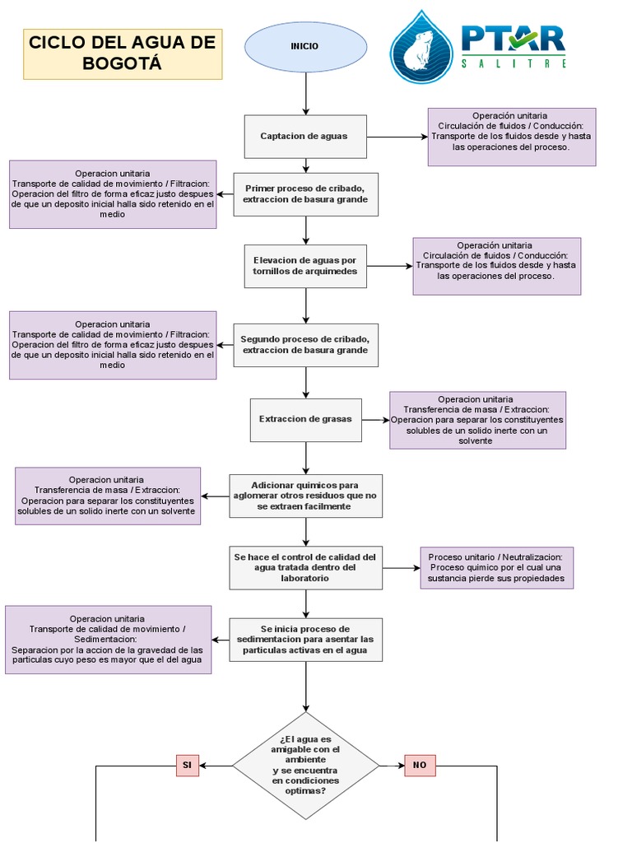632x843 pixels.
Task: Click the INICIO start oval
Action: click(x=305, y=47)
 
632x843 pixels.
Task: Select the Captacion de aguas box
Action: click(x=305, y=136)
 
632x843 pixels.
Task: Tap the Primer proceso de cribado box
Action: click(x=305, y=194)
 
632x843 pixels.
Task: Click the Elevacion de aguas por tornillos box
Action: click(x=305, y=266)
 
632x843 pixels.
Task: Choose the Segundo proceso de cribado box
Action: click(x=305, y=345)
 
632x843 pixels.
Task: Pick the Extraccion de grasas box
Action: click(x=305, y=419)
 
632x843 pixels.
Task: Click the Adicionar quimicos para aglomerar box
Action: click(x=305, y=496)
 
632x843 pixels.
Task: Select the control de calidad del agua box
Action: click(x=305, y=567)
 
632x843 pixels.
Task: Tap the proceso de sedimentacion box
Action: click(x=305, y=640)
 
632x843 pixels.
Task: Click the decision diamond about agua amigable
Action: click(x=305, y=766)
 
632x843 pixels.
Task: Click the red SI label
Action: click(x=187, y=766)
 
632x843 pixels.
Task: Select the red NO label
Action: click(x=420, y=766)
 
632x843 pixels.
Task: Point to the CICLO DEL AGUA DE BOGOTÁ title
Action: click(x=122, y=54)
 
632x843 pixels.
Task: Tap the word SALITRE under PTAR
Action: click(x=513, y=63)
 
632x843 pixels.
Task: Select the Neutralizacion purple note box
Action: click(x=496, y=568)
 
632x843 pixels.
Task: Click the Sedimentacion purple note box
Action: click(x=108, y=640)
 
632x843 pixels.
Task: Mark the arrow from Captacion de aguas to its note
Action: click(x=397, y=136)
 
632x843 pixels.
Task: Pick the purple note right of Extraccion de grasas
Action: click(x=477, y=420)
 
